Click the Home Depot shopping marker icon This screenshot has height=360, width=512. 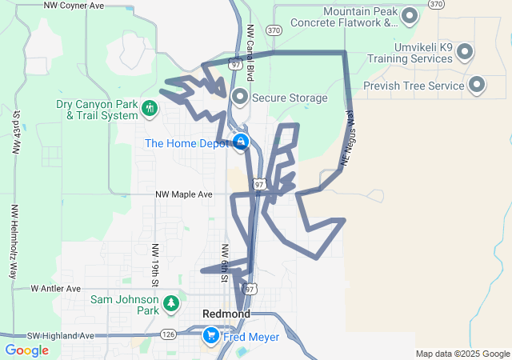[x=240, y=142]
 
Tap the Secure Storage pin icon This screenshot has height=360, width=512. [x=239, y=98]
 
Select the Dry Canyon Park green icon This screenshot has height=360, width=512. [x=149, y=108]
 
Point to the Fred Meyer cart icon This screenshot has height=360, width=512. [x=211, y=336]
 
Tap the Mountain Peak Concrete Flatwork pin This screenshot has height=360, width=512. [x=410, y=16]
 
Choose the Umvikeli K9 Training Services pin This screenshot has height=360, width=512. [x=465, y=53]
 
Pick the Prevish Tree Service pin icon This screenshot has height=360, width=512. [x=477, y=85]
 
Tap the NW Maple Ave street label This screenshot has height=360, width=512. [x=184, y=194]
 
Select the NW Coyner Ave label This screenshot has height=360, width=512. [x=74, y=6]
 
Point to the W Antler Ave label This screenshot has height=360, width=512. [x=56, y=288]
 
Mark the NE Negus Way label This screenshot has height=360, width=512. [x=346, y=138]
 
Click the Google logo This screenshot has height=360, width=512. [x=26, y=350]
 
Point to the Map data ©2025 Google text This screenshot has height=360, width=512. [x=462, y=354]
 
